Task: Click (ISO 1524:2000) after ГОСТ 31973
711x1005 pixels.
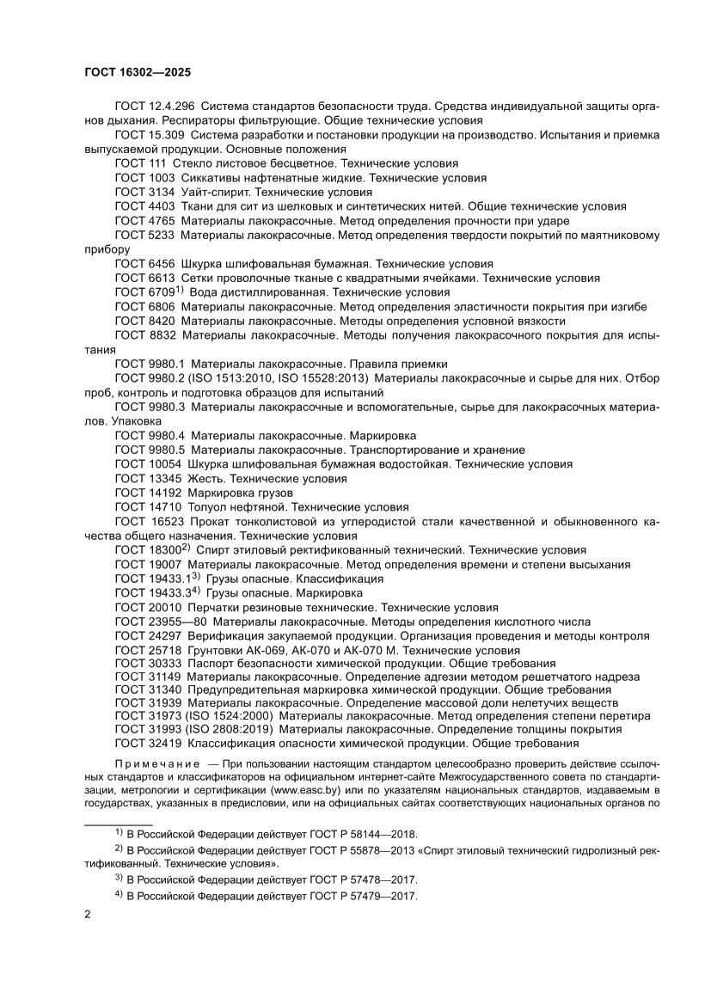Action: coord(228,715)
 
